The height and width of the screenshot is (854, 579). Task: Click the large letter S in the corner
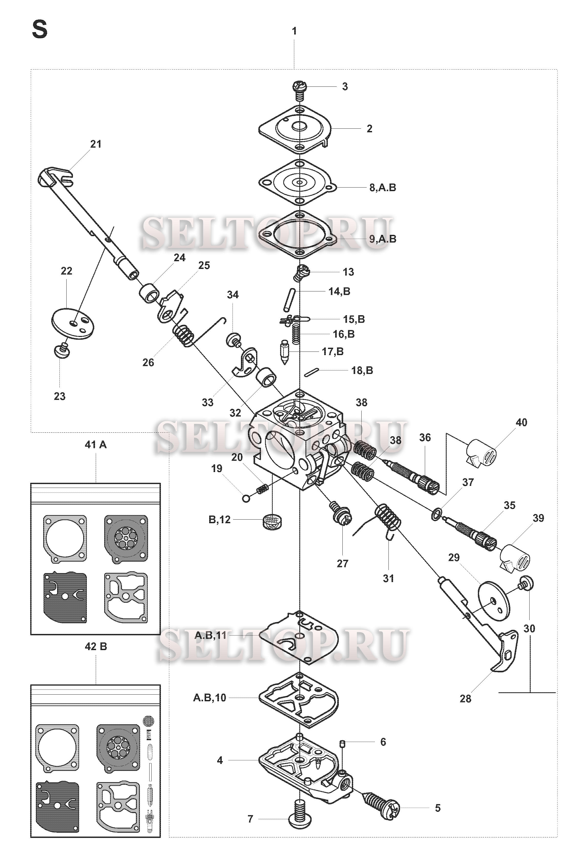click(40, 30)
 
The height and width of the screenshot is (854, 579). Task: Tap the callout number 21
click(96, 144)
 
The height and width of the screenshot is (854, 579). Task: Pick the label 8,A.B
click(383, 188)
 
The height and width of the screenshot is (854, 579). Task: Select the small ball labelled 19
click(246, 498)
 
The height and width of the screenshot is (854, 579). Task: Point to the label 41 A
click(96, 445)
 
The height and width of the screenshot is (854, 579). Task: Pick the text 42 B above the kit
click(96, 646)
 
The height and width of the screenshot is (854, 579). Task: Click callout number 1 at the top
click(294, 31)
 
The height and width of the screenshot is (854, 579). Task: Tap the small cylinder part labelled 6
click(342, 744)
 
